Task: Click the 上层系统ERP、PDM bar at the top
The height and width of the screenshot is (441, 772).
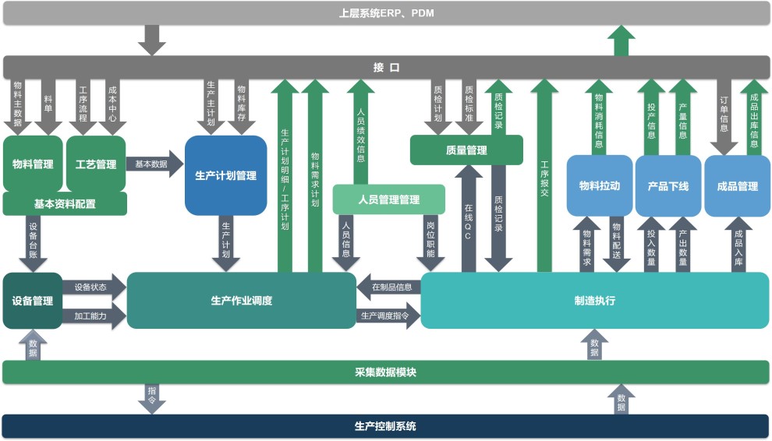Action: (386, 13)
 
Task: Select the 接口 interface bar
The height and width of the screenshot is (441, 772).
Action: (386, 67)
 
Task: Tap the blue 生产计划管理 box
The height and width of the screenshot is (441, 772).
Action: (225, 175)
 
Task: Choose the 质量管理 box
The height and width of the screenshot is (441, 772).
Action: (466, 150)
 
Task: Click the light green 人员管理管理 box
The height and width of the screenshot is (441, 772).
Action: (388, 200)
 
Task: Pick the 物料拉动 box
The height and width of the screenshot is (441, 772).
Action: (599, 186)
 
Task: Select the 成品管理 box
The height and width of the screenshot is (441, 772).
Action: (737, 186)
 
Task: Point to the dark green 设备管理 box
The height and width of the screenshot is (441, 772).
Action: (32, 301)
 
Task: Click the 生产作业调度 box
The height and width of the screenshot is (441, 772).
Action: (241, 301)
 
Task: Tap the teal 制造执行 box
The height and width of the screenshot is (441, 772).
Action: (594, 301)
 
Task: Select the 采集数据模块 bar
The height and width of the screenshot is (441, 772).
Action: (386, 372)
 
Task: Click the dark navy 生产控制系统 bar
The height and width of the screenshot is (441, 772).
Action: (386, 426)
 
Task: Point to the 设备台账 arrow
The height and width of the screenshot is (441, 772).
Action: (33, 242)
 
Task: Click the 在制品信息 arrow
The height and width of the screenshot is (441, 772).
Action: (389, 286)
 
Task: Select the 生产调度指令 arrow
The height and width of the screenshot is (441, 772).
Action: (388, 315)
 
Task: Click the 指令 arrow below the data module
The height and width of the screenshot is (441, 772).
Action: (152, 398)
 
